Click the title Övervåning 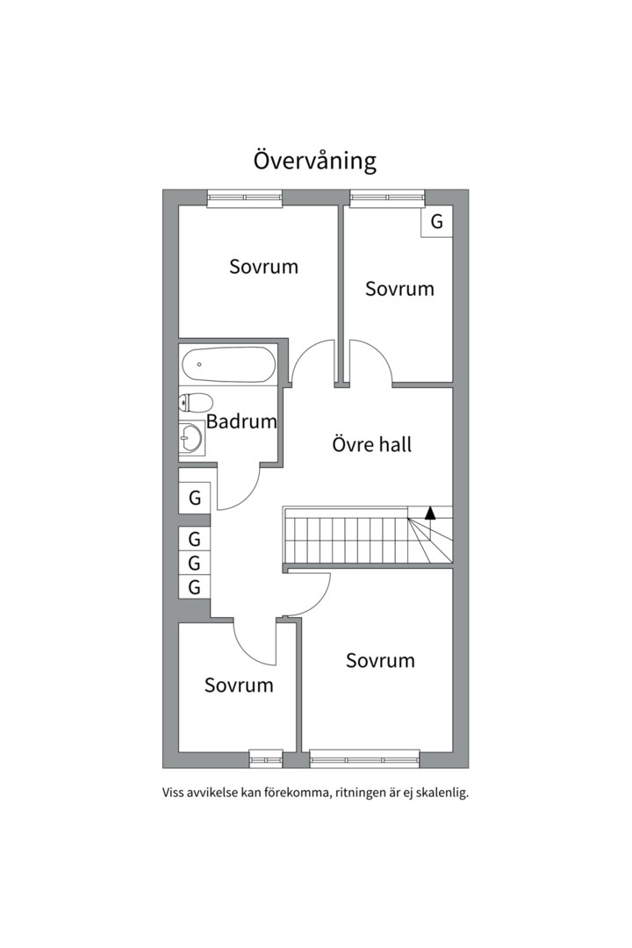[x=315, y=161]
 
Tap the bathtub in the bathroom [x=228, y=364]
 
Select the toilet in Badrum [x=196, y=402]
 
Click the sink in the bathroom [x=191, y=436]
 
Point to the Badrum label [x=241, y=420]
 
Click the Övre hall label [x=372, y=444]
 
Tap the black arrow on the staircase [x=430, y=513]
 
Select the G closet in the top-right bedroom [x=436, y=221]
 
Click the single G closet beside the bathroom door [x=195, y=498]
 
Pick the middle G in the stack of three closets [x=195, y=563]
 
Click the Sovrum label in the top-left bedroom [x=263, y=267]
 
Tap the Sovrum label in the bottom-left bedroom [x=239, y=685]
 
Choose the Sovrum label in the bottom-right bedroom [x=380, y=660]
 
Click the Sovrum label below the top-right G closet [x=399, y=289]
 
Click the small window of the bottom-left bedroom [x=266, y=758]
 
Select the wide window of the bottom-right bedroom [x=364, y=758]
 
